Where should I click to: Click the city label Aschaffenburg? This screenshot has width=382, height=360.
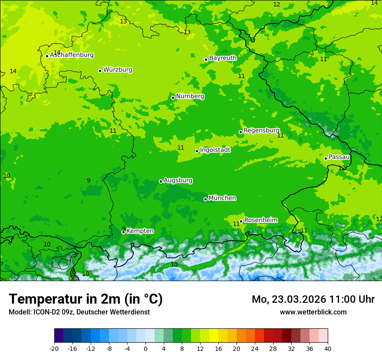(72, 55)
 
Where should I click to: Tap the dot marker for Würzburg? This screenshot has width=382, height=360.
(100, 71)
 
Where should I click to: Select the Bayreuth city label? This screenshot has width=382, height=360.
(223, 58)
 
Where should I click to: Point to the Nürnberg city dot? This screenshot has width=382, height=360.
(173, 98)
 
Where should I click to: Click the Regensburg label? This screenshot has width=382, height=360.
(261, 131)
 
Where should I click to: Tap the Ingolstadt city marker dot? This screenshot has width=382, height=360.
(197, 151)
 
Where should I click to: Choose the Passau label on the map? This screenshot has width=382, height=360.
(339, 157)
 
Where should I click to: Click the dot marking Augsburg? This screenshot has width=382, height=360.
(161, 181)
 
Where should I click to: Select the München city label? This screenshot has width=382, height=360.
(222, 198)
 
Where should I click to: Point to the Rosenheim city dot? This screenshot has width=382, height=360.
(241, 221)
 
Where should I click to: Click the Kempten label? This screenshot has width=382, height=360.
(140, 231)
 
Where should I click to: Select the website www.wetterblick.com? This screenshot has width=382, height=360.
(313, 312)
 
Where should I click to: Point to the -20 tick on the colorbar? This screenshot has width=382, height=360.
(54, 348)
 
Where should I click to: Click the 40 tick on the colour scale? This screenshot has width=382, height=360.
(328, 348)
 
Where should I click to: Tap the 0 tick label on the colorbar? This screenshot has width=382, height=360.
(145, 348)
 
